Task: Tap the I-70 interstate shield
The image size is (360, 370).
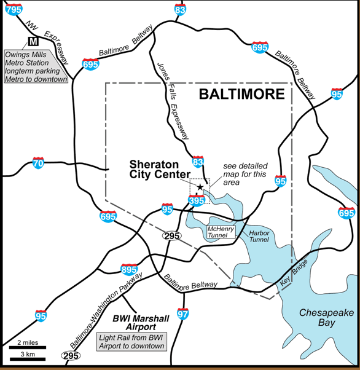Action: coord(38,163)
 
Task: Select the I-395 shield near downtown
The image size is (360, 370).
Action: coord(196,200)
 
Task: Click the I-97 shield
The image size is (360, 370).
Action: coord(182,313)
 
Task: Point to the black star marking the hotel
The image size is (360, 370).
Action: coord(200,186)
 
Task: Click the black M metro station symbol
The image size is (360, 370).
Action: coord(33,41)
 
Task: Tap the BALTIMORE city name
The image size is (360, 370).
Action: coord(241,95)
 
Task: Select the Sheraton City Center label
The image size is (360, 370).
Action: coord(158,170)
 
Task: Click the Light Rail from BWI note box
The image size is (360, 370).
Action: coord(132,342)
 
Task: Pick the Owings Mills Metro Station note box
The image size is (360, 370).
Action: coord(36,66)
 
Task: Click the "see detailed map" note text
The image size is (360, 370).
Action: coord(245,174)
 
